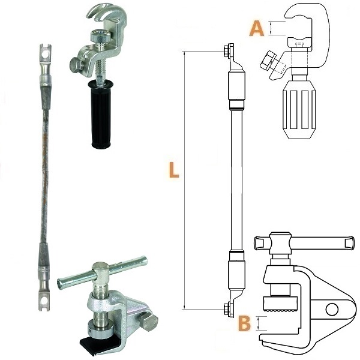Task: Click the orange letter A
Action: point(256,28)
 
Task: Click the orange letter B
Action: point(244,323)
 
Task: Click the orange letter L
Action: point(174,170)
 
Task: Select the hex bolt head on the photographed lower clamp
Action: point(149,322)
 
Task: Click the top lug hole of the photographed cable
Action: point(45,55)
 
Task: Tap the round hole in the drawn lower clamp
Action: point(332,309)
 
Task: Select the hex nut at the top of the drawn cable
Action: point(227,51)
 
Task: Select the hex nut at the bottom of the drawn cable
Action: point(227,309)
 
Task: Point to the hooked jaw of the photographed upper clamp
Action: point(106,14)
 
